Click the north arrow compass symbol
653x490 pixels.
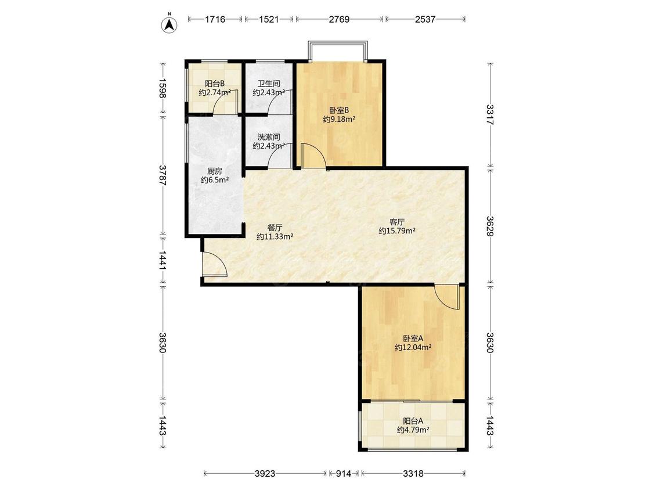(169, 23)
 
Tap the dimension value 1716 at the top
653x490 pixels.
(215, 19)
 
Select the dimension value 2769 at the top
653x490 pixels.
(339, 19)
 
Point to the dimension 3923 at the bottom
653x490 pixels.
(265, 473)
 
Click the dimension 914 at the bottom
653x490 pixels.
(344, 473)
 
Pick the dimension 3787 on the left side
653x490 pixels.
(163, 175)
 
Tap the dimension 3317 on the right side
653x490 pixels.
(490, 114)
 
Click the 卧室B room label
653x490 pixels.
(339, 110)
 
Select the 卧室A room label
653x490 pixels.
(413, 338)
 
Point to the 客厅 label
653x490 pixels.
(397, 222)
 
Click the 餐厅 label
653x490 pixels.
(275, 228)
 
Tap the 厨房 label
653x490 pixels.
(214, 171)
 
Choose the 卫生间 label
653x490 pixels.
(269, 84)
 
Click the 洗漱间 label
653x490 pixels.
(269, 137)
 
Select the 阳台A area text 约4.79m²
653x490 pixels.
(413, 430)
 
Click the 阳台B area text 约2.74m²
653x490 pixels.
(214, 92)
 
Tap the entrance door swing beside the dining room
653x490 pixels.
(214, 264)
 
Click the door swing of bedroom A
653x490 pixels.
(447, 297)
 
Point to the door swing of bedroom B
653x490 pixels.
(313, 156)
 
